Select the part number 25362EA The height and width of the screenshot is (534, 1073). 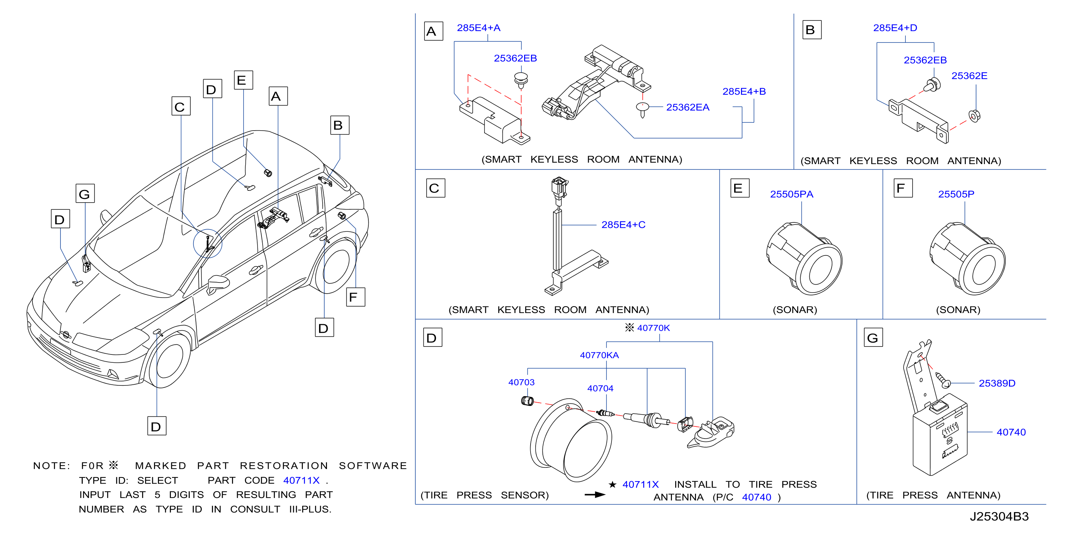pos(687,108)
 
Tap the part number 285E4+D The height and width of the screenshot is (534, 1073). pos(895,28)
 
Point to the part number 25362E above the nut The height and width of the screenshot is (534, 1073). pos(969,76)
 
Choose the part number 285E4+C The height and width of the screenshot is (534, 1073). pos(623,225)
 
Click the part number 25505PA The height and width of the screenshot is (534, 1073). pos(791,194)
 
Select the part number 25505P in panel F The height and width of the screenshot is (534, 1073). pos(956,194)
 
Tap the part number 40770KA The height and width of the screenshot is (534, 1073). pos(599,355)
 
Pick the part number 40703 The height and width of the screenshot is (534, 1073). pos(521,383)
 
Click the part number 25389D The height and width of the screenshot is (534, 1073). pos(997,383)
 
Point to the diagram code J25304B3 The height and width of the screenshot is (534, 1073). pos(999,516)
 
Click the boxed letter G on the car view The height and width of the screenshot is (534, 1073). pos(85,193)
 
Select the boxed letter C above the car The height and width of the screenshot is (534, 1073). pos(181,106)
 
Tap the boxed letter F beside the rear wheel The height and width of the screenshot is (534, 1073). pos(356,297)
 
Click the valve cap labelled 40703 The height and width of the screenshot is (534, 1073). pos(527,401)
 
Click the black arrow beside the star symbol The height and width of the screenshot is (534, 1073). pos(595,495)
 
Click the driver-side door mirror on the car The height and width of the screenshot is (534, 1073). pos(218,284)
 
